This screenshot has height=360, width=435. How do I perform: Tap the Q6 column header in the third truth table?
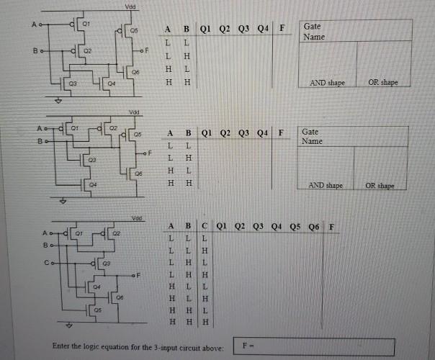[314, 229]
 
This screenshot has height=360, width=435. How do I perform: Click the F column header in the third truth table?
[331, 229]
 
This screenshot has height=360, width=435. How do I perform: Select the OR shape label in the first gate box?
[383, 83]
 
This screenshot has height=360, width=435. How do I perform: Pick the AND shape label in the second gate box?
[326, 185]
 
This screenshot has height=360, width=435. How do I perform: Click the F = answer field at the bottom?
[315, 347]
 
